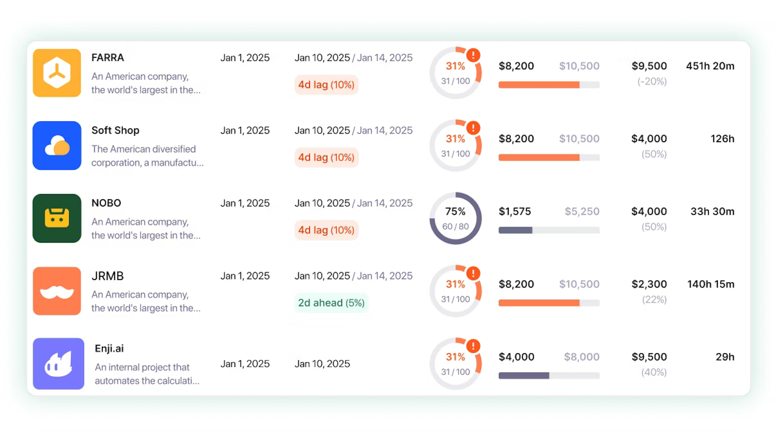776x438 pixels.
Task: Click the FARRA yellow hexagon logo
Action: (57, 73)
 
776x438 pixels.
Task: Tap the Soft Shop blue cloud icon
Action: (57, 146)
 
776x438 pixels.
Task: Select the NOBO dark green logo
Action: (57, 218)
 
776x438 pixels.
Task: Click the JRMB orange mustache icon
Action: (57, 291)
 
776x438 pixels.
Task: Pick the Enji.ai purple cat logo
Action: (59, 364)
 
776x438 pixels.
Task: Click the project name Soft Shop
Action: (115, 130)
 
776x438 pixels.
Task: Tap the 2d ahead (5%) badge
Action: (331, 303)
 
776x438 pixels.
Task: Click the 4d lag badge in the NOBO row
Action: (326, 230)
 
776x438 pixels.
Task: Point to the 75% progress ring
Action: (455, 218)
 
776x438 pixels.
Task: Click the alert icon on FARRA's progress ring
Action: (473, 55)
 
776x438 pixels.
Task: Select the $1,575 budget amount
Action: (514, 211)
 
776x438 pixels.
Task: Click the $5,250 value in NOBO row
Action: (582, 211)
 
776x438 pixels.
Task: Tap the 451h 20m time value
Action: (710, 66)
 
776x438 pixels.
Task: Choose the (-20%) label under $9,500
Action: (652, 81)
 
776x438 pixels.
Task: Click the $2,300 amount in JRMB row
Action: (649, 284)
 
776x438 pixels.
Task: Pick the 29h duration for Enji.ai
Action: (725, 357)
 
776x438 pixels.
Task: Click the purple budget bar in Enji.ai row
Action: (524, 376)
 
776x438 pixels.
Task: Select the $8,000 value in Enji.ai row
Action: (581, 357)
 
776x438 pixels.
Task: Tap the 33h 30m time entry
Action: (712, 211)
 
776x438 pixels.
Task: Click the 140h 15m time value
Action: (711, 284)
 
